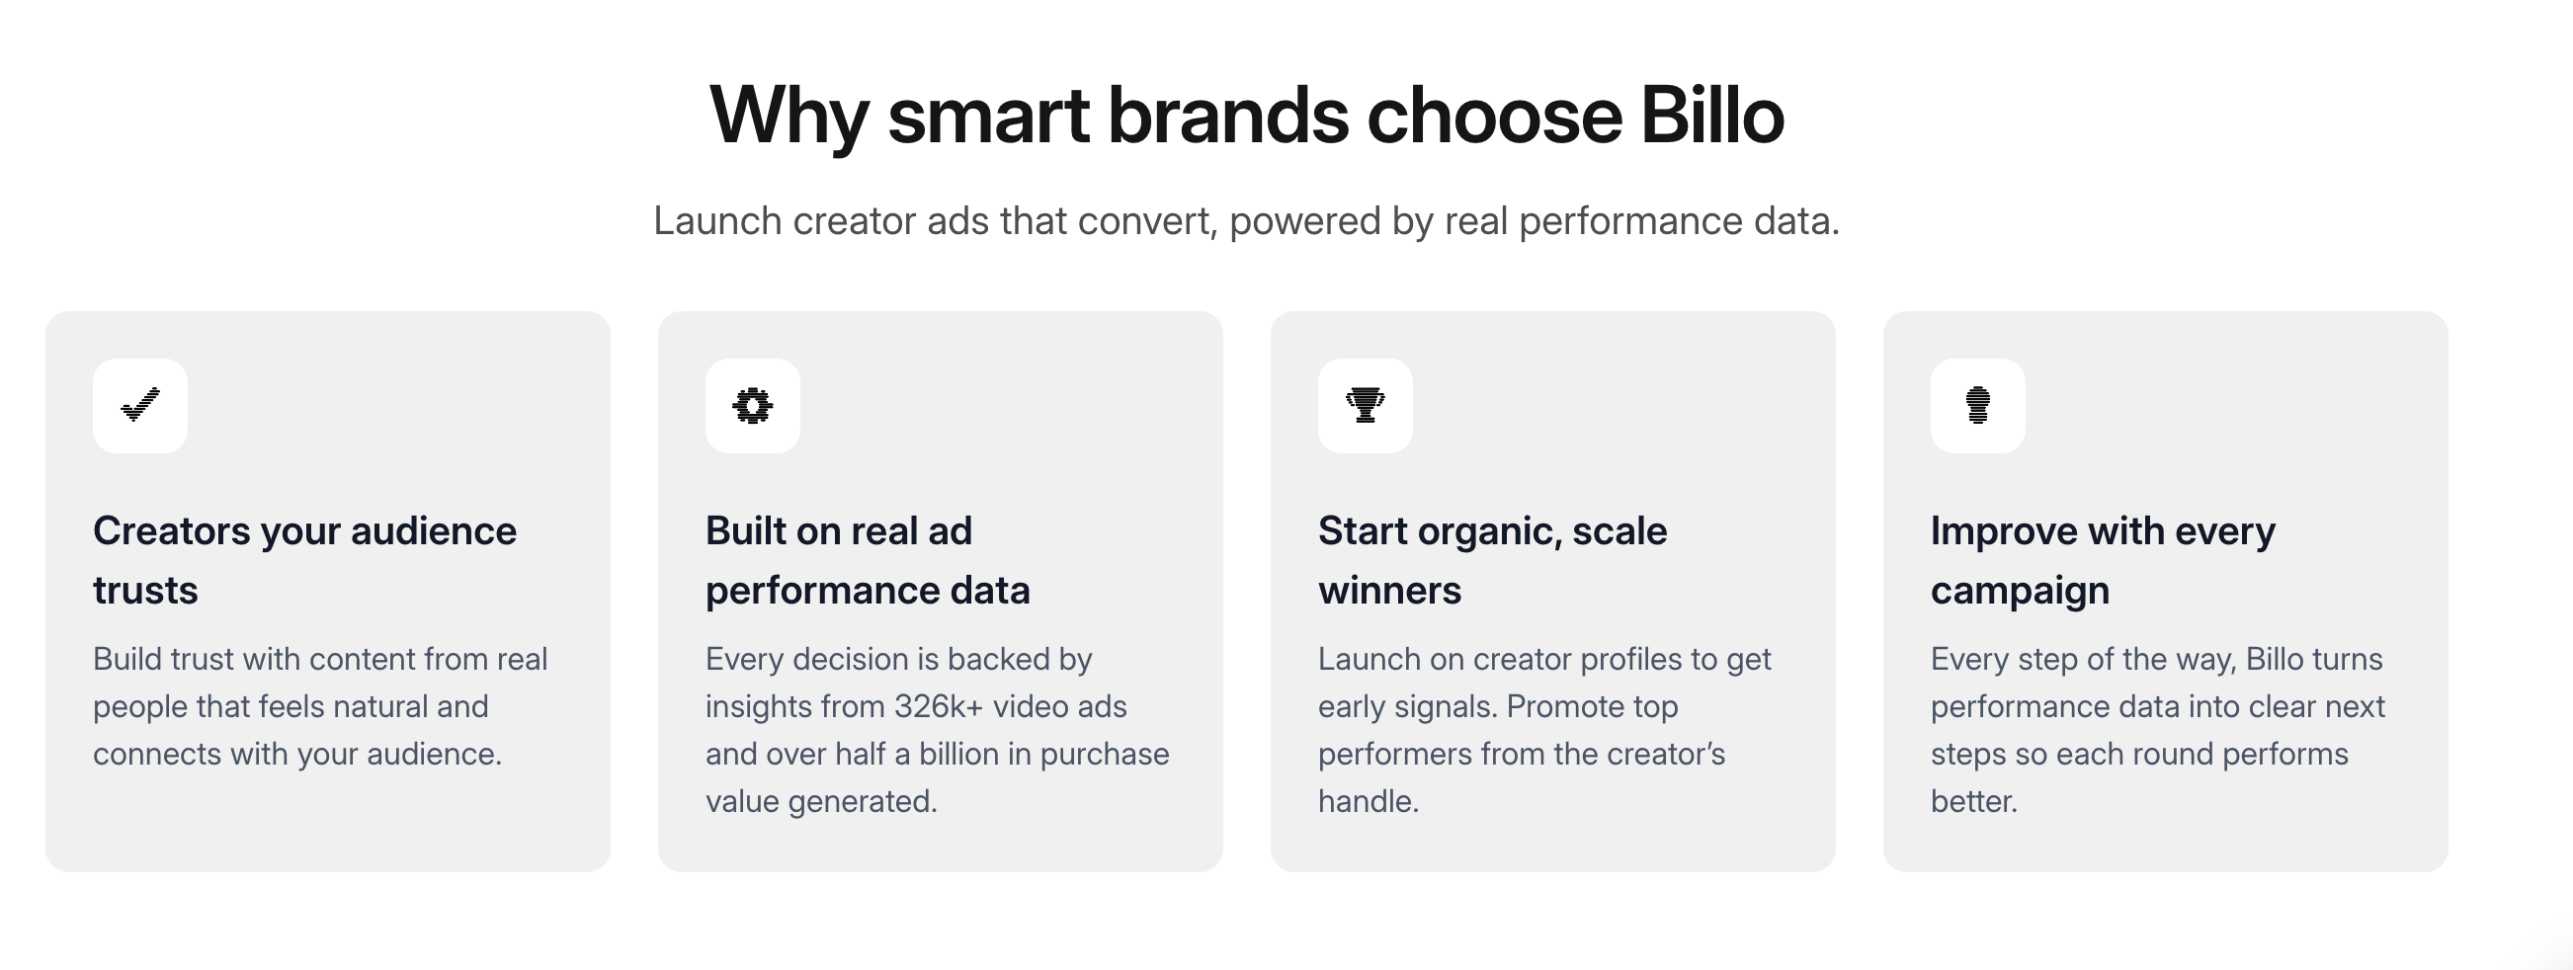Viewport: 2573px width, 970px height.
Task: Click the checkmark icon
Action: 140,405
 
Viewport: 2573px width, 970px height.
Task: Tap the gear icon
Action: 752,406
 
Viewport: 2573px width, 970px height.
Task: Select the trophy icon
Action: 1365,405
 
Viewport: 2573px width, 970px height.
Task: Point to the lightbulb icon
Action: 1978,405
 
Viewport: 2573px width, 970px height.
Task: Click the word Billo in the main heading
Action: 1712,115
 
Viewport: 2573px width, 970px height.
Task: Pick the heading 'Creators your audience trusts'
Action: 304,560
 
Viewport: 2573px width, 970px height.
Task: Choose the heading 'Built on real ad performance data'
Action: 867,560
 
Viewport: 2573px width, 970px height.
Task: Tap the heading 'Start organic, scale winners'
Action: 1492,560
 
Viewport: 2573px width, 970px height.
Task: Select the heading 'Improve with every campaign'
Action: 2103,560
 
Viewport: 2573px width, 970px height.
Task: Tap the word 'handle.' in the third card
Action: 1369,801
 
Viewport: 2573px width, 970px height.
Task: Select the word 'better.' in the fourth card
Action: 1973,801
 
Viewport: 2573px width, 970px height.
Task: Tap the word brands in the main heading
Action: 1227,115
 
